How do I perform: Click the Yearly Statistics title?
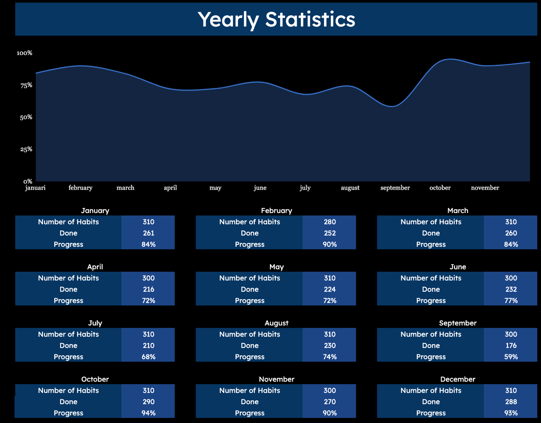point(276,20)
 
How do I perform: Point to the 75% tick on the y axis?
point(26,85)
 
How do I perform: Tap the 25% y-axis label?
point(26,150)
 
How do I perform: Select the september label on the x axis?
point(395,188)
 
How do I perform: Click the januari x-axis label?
point(35,188)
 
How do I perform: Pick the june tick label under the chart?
point(260,188)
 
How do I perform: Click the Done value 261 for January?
point(148,233)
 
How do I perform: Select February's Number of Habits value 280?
point(330,222)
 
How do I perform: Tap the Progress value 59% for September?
point(511,357)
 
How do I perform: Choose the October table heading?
point(95,379)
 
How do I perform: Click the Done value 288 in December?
point(511,402)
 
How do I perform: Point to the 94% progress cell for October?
point(148,413)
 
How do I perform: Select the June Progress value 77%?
point(511,301)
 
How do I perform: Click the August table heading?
point(276,323)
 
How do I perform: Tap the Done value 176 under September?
point(511,346)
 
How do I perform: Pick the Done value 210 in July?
point(148,346)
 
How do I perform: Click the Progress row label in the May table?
point(250,301)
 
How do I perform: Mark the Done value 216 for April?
point(148,289)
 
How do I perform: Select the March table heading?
point(458,211)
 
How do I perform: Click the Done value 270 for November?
point(330,402)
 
